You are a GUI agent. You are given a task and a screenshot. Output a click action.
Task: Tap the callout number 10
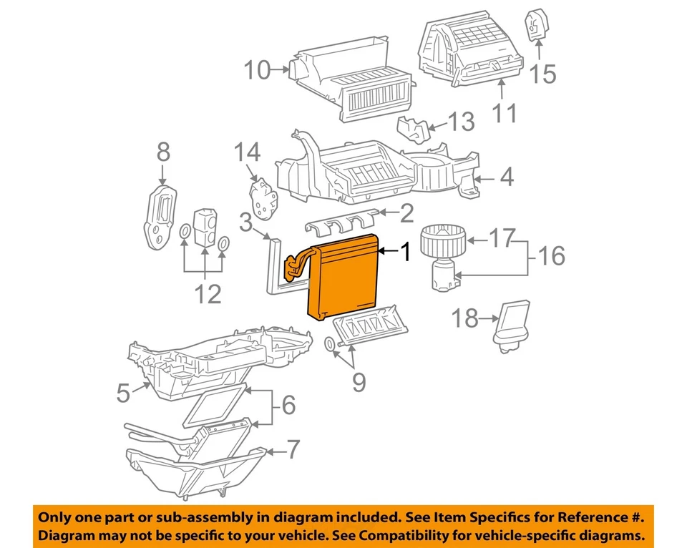(258, 70)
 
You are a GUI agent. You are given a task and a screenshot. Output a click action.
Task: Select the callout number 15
(542, 73)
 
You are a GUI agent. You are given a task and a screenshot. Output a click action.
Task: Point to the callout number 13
(462, 122)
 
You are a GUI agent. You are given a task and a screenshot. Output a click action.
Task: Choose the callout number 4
(506, 177)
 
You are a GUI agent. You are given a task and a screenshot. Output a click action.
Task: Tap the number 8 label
(163, 152)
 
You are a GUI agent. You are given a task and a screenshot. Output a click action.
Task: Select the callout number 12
(208, 293)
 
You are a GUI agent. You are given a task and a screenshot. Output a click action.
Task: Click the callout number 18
(467, 318)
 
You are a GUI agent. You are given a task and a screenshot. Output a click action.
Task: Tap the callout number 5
(123, 392)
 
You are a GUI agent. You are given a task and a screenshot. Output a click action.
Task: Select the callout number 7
(293, 450)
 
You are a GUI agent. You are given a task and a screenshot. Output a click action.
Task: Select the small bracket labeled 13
(415, 129)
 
